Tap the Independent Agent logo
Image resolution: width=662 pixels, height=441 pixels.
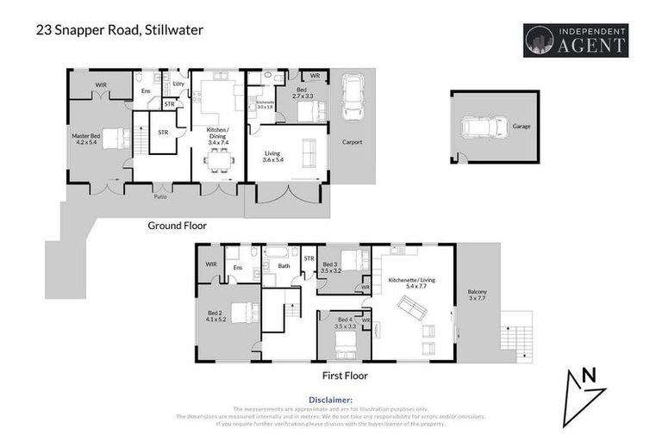click(x=576, y=40)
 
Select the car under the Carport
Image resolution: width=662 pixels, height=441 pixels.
click(x=353, y=97)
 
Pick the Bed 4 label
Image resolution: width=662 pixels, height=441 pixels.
click(x=332, y=324)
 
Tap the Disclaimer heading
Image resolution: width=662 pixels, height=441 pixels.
click(x=330, y=401)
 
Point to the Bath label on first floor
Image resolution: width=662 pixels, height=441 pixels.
click(x=285, y=267)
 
